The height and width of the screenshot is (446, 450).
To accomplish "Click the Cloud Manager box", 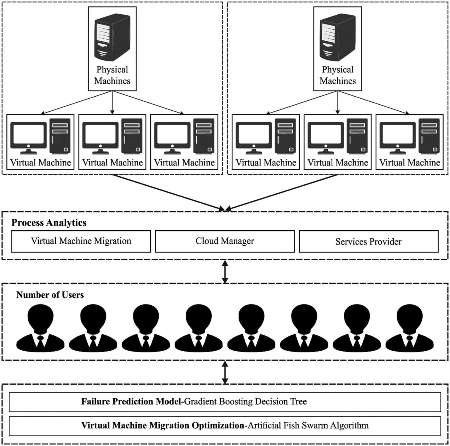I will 225,241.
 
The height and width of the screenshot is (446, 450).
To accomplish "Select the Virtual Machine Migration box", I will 81,241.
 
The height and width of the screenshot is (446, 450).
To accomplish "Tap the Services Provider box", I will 368,241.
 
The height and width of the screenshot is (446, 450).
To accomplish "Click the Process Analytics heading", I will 49,223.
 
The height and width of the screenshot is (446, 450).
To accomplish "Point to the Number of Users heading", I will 50,295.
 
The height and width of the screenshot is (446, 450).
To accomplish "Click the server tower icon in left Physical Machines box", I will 112,37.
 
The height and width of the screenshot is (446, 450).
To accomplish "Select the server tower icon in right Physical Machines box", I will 338,37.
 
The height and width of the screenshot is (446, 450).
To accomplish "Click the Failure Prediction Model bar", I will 225,402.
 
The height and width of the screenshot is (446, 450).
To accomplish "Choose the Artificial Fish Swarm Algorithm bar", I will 225,426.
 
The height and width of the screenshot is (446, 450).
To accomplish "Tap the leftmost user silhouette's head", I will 40,316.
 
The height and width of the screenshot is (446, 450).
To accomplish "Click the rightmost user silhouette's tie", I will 409,341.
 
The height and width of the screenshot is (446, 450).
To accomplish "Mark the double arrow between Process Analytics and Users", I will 225,272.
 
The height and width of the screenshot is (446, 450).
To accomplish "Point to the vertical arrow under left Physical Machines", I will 112,103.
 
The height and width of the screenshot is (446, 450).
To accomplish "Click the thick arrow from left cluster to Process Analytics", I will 168,192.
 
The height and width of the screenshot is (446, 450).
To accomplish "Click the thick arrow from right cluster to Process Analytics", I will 282,192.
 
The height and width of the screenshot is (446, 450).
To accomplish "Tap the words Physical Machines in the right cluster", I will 338,75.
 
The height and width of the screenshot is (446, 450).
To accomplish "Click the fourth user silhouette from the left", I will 199,328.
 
